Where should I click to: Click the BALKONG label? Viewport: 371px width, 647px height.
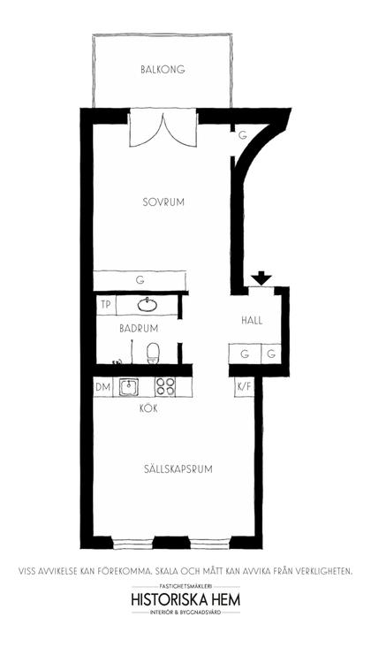[163, 69]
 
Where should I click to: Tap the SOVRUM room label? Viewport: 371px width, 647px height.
[163, 202]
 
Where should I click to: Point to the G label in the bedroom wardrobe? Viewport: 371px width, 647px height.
[140, 279]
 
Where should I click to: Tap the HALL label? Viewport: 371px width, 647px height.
[253, 321]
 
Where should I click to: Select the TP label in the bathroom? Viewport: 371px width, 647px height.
[106, 305]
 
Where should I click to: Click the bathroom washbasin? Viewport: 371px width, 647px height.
[148, 306]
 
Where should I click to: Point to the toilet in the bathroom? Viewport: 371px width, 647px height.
[152, 353]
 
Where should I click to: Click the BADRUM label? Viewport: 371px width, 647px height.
[139, 327]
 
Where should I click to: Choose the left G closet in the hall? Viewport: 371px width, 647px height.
[244, 354]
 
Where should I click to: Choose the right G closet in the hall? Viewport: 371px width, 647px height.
[271, 354]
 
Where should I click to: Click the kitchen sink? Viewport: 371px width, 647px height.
[130, 386]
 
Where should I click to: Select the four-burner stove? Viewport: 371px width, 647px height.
[165, 386]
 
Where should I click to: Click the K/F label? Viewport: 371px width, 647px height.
[244, 387]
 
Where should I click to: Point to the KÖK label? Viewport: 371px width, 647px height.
[148, 409]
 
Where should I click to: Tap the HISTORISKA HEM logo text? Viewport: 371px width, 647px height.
[185, 599]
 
